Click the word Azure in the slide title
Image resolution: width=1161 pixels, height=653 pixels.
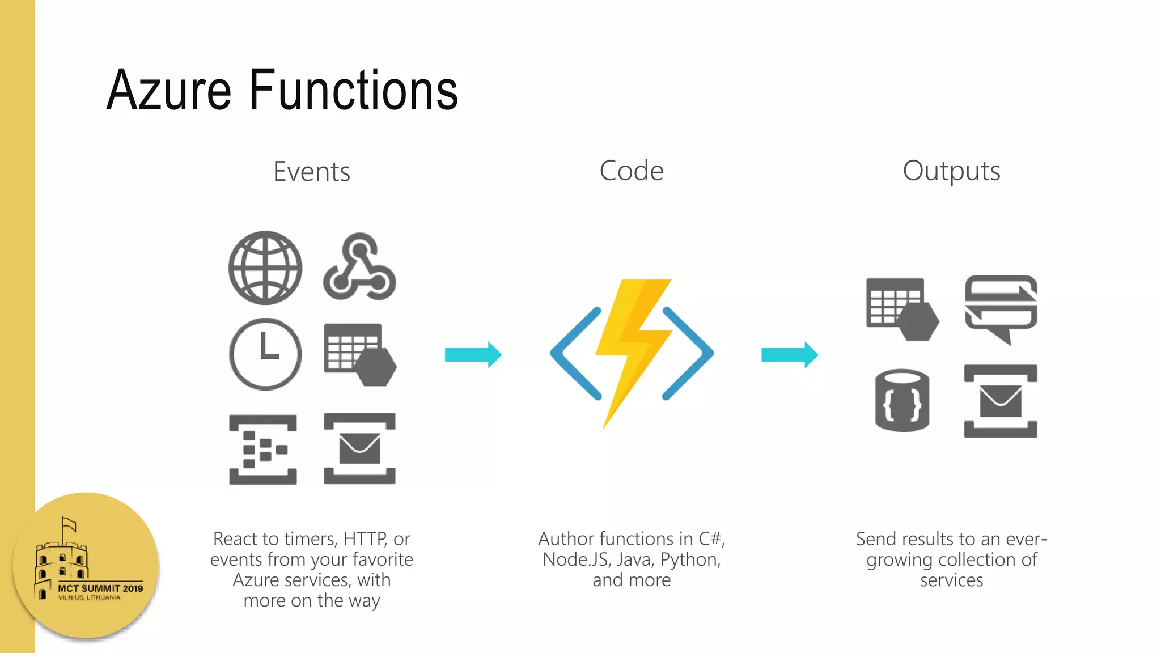click(x=169, y=90)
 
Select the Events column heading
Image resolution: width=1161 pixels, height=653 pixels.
click(x=311, y=172)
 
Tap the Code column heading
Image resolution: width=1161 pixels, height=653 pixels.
click(x=631, y=171)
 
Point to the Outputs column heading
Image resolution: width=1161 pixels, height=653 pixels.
click(x=951, y=171)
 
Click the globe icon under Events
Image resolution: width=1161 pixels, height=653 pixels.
click(x=265, y=268)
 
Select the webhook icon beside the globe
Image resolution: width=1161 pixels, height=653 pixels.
click(x=359, y=268)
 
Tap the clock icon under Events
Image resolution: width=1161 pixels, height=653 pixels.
click(x=265, y=354)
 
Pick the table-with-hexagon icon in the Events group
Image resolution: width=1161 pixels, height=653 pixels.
click(x=359, y=355)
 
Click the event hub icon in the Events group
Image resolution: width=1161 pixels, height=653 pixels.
click(x=263, y=450)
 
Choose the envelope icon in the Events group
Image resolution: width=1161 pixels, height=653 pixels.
click(x=359, y=448)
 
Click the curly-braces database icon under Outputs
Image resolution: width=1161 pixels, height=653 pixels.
click(x=902, y=401)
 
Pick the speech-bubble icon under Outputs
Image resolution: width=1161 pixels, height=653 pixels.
click(x=1001, y=308)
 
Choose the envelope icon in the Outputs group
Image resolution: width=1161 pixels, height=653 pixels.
click(x=1001, y=401)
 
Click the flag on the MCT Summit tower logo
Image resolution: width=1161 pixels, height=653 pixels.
click(x=69, y=524)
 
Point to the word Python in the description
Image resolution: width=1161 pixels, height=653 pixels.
click(x=690, y=559)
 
